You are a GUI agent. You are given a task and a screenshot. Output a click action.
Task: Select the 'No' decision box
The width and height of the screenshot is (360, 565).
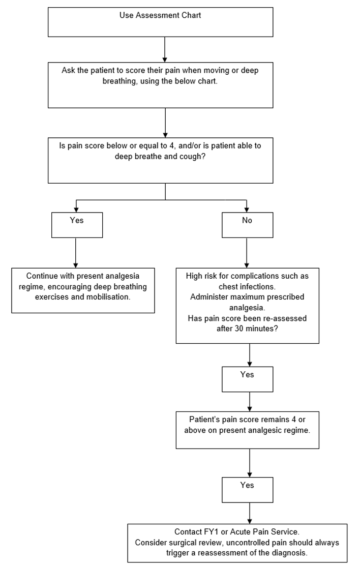(x=247, y=225)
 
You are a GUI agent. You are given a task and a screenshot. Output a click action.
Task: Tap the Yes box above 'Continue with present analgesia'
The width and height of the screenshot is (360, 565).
(x=77, y=225)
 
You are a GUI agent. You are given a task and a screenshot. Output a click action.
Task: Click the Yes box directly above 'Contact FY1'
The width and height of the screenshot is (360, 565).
(x=247, y=489)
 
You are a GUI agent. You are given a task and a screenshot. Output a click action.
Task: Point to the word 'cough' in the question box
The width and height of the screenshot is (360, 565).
(x=205, y=158)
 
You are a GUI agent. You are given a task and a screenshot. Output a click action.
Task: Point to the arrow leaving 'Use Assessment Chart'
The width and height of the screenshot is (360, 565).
(x=165, y=49)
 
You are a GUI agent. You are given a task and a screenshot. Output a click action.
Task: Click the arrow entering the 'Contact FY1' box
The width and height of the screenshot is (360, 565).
(x=250, y=513)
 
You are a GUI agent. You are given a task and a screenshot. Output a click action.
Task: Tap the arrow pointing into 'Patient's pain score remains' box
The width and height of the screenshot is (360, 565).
(x=250, y=402)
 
